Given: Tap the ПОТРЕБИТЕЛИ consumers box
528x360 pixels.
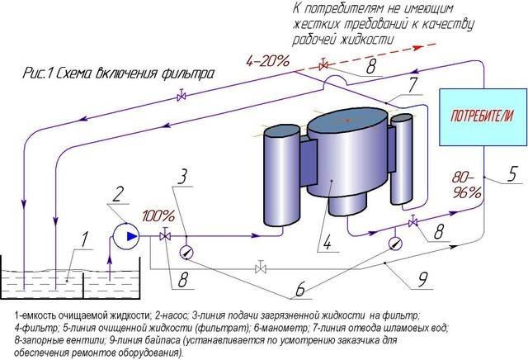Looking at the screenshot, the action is pos(483,117).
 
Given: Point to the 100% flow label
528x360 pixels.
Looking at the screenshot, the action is pos(158,216).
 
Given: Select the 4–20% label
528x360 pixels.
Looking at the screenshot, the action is pos(267,61).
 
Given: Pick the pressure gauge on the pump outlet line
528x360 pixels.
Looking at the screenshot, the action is pos(187,252).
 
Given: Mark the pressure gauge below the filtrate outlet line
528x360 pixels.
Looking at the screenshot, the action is pos(395,244).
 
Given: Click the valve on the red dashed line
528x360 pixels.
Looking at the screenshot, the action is pos(323,65).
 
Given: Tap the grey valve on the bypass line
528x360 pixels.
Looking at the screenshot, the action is pos(261,268).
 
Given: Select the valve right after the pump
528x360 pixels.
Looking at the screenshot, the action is pos(165,235).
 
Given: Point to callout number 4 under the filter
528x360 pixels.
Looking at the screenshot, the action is pos(327,242).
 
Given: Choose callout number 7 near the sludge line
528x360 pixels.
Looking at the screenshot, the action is pos(412,86).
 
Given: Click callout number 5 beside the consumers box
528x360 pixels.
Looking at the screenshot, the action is pos(511,174).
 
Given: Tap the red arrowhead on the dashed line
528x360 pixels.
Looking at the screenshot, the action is pos(418,48).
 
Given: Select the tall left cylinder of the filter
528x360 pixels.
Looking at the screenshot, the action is pos(282,176).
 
